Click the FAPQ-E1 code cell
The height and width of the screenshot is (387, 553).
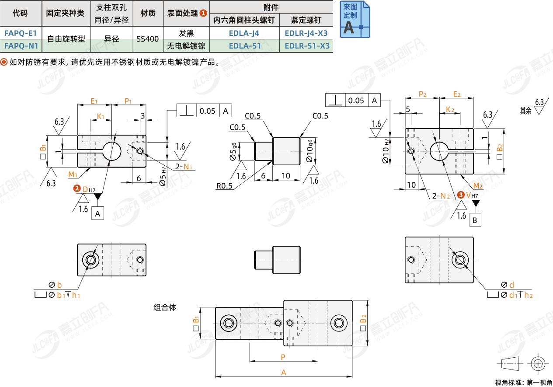[x=20, y=33]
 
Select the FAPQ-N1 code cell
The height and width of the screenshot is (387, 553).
[x=20, y=45]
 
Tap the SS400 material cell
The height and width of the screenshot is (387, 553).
[x=147, y=39]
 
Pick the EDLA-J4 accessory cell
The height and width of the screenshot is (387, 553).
[x=244, y=33]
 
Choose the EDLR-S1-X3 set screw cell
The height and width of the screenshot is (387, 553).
[x=307, y=45]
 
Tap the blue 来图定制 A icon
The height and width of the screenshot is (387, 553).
[x=355, y=19]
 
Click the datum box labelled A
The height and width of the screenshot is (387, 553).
[x=97, y=213]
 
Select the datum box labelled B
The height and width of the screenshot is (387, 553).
[x=475, y=220]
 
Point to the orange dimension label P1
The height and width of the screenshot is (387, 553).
[x=128, y=101]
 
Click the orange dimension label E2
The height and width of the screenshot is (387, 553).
[x=457, y=94]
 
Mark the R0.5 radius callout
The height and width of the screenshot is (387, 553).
[x=224, y=185]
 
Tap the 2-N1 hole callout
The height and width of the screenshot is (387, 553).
[x=183, y=167]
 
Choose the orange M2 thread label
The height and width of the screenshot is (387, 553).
[x=478, y=185]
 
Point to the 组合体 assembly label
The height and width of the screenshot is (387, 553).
[x=165, y=307]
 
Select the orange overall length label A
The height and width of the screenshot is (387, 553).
[x=283, y=373]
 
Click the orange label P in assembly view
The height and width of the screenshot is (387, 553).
[x=283, y=357]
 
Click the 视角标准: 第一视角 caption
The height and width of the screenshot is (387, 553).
[x=523, y=383]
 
